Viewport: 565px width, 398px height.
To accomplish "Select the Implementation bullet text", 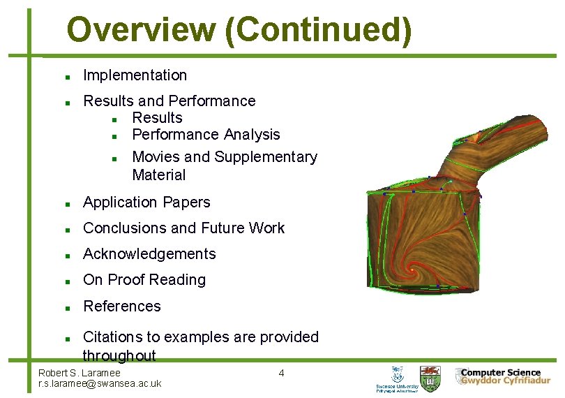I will pyautogui.click(x=135, y=75).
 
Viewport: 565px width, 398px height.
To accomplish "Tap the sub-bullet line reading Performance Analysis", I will pyautogui.click(x=206, y=134).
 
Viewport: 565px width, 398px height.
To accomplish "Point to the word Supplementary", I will pyautogui.click(x=266, y=156).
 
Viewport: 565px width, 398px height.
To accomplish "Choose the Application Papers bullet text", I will pyautogui.click(x=146, y=202).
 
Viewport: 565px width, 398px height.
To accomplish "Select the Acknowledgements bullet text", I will pyautogui.click(x=149, y=253).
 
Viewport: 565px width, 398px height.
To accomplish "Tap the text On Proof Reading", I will pyautogui.click(x=144, y=279).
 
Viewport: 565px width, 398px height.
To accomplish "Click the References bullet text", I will pyautogui.click(x=121, y=306).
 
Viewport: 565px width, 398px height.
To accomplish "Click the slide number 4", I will pyautogui.click(x=281, y=373).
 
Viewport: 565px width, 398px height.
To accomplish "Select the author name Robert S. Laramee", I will pyautogui.click(x=79, y=373).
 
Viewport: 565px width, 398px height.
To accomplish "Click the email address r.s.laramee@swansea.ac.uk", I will pyautogui.click(x=100, y=383).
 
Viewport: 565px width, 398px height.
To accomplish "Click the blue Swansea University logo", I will pyautogui.click(x=398, y=378).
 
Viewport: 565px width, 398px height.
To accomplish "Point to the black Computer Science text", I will pyautogui.click(x=500, y=372).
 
